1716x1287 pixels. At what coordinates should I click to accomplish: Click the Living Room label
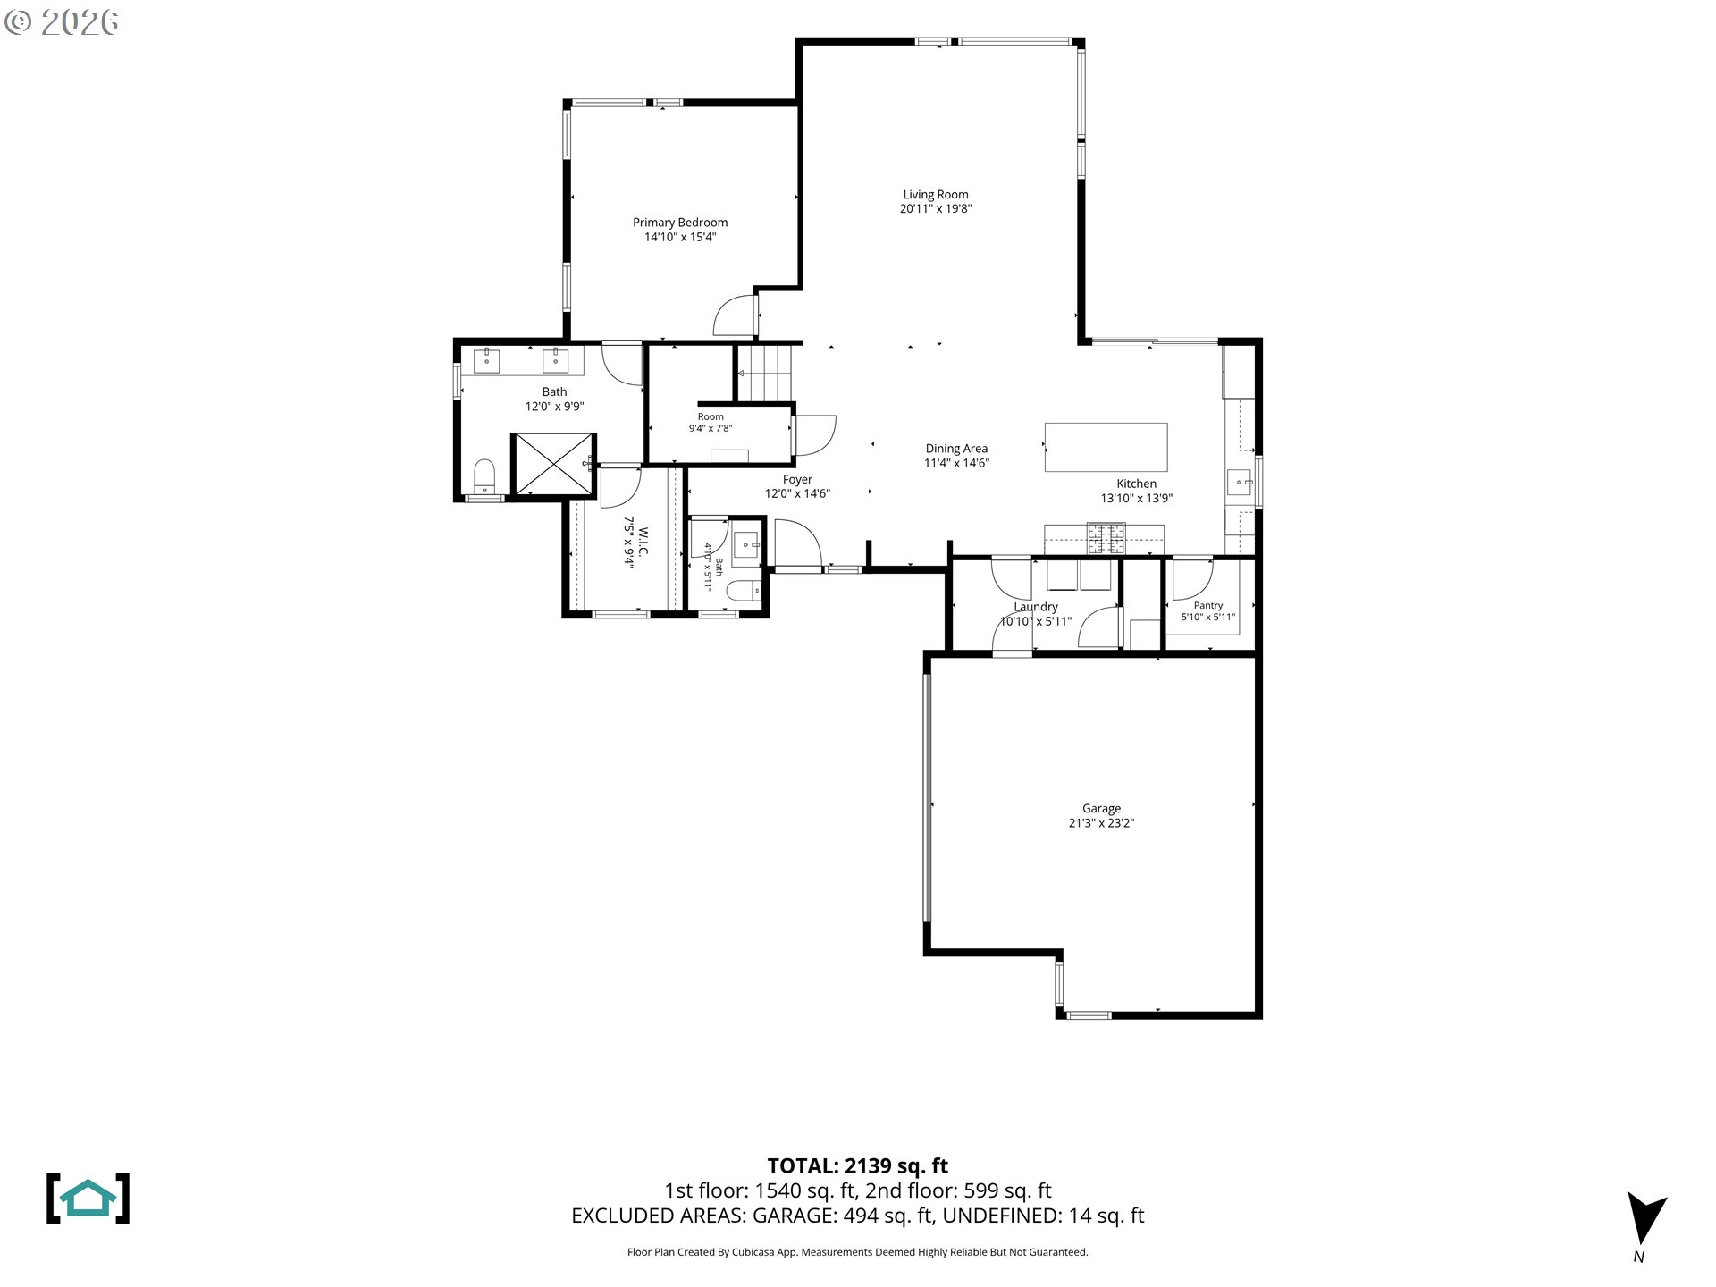[935, 195]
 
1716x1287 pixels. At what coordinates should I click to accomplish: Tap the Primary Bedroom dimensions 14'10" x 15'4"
[680, 238]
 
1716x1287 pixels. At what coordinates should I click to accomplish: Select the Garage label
[1101, 809]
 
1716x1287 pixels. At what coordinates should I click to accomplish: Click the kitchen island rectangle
[1106, 447]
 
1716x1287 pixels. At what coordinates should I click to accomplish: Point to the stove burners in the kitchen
[1106, 537]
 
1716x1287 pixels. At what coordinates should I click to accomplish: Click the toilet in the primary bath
[484, 477]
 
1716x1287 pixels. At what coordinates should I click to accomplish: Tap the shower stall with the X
[553, 464]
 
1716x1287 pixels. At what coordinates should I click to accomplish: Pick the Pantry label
[1208, 606]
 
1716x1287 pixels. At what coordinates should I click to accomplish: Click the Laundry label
[1036, 607]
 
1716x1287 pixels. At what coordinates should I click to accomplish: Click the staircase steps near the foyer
[765, 373]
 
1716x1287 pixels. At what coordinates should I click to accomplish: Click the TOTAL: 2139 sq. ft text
[858, 1166]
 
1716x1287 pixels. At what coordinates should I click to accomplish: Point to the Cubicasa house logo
[88, 1199]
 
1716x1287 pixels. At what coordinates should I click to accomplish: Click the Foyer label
[797, 480]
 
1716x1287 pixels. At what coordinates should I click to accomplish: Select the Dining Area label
[956, 450]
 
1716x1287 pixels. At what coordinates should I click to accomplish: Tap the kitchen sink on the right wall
[1240, 483]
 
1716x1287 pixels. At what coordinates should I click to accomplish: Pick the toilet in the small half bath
[743, 591]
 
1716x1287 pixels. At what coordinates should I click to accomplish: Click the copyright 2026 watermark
[61, 22]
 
